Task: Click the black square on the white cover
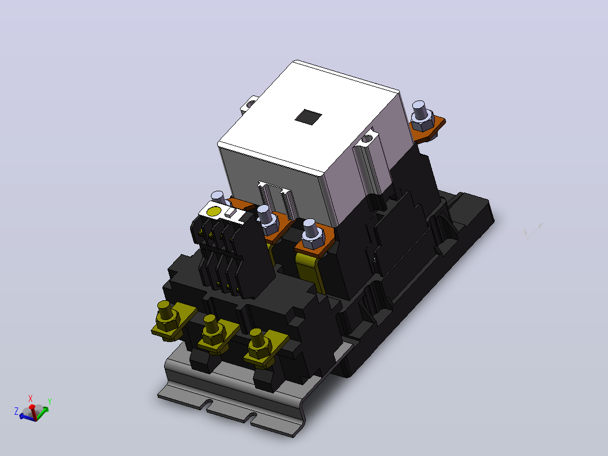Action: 309,116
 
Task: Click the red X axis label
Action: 30,398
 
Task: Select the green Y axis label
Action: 50,402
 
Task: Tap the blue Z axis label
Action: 16,411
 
